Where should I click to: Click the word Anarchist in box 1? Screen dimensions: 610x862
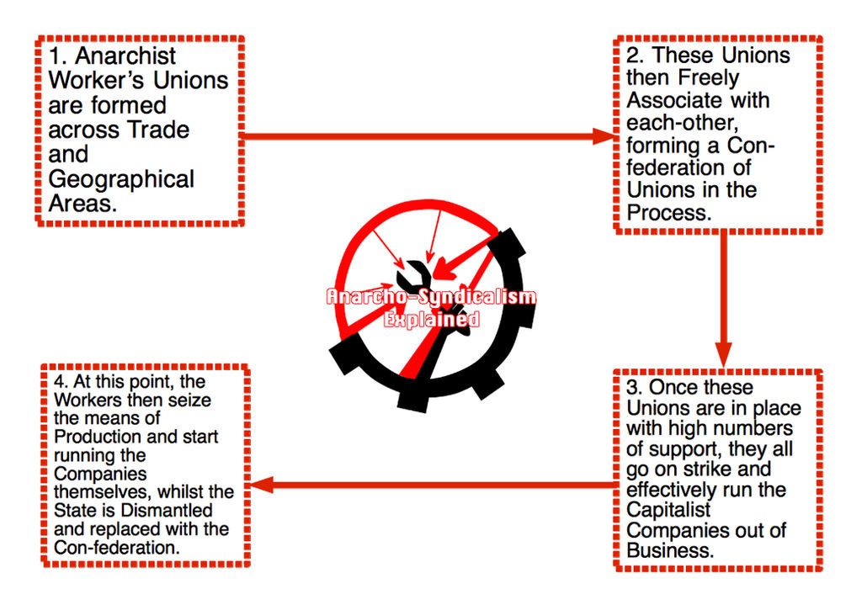click(x=125, y=56)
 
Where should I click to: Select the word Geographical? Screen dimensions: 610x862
click(x=121, y=179)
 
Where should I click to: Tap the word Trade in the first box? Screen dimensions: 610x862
click(x=158, y=130)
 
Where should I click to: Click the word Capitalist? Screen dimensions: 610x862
click(x=669, y=510)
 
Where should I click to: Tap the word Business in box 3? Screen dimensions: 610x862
click(x=669, y=551)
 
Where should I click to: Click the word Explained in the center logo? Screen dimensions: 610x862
click(x=431, y=320)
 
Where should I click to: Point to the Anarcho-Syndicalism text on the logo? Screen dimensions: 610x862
click(x=431, y=297)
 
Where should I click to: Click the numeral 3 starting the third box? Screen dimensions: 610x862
click(x=633, y=388)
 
